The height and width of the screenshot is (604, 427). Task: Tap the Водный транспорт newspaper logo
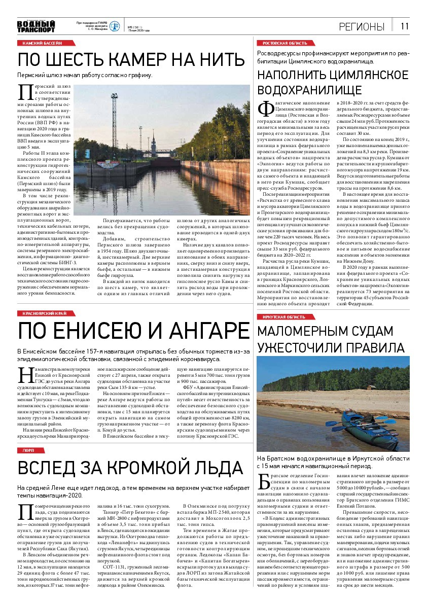tap(35, 26)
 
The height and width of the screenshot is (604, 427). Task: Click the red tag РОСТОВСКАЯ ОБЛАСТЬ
tap(284, 44)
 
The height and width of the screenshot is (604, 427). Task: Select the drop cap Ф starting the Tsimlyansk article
tap(265, 109)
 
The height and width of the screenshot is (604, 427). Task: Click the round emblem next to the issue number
tap(115, 26)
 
